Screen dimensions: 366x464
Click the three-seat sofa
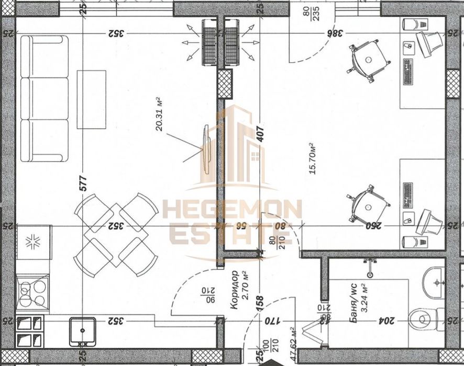[45, 98]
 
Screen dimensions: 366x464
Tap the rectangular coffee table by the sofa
[92, 99]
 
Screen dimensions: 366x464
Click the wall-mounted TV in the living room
[206, 149]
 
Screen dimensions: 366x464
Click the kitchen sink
[82, 330]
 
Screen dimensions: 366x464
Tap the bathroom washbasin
[434, 282]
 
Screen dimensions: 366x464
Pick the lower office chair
[369, 203]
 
